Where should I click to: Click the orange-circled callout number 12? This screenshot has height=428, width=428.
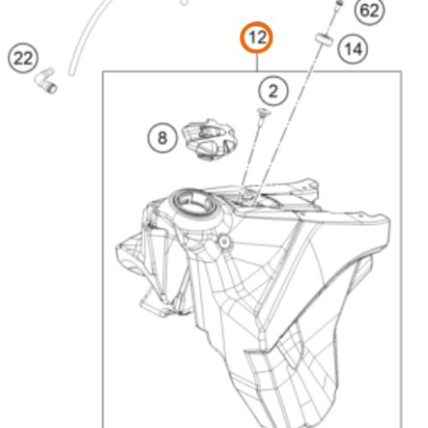tap(257, 38)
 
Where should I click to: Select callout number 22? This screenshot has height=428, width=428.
tap(23, 58)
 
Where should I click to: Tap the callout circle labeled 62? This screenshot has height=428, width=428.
tap(369, 11)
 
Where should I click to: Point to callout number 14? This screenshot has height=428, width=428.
tap(353, 49)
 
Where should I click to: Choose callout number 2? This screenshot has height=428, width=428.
tap(273, 92)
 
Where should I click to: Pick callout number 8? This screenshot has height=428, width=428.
tap(163, 138)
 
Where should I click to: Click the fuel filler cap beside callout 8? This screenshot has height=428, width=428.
tap(210, 140)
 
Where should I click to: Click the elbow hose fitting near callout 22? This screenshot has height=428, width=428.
tap(45, 80)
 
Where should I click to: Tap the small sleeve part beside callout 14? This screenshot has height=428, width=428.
tap(324, 39)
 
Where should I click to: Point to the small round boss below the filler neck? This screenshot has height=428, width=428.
tap(224, 242)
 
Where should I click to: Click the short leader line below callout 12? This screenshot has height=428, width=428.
tap(257, 62)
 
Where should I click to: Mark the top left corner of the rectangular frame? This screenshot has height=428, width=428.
tap(103, 71)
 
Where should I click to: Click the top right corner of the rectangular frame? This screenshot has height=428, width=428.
tap(401, 71)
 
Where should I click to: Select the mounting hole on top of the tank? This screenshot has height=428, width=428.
tap(246, 194)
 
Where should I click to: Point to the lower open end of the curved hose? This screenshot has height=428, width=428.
tap(71, 73)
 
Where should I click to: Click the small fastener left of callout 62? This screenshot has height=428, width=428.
tap(339, 4)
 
